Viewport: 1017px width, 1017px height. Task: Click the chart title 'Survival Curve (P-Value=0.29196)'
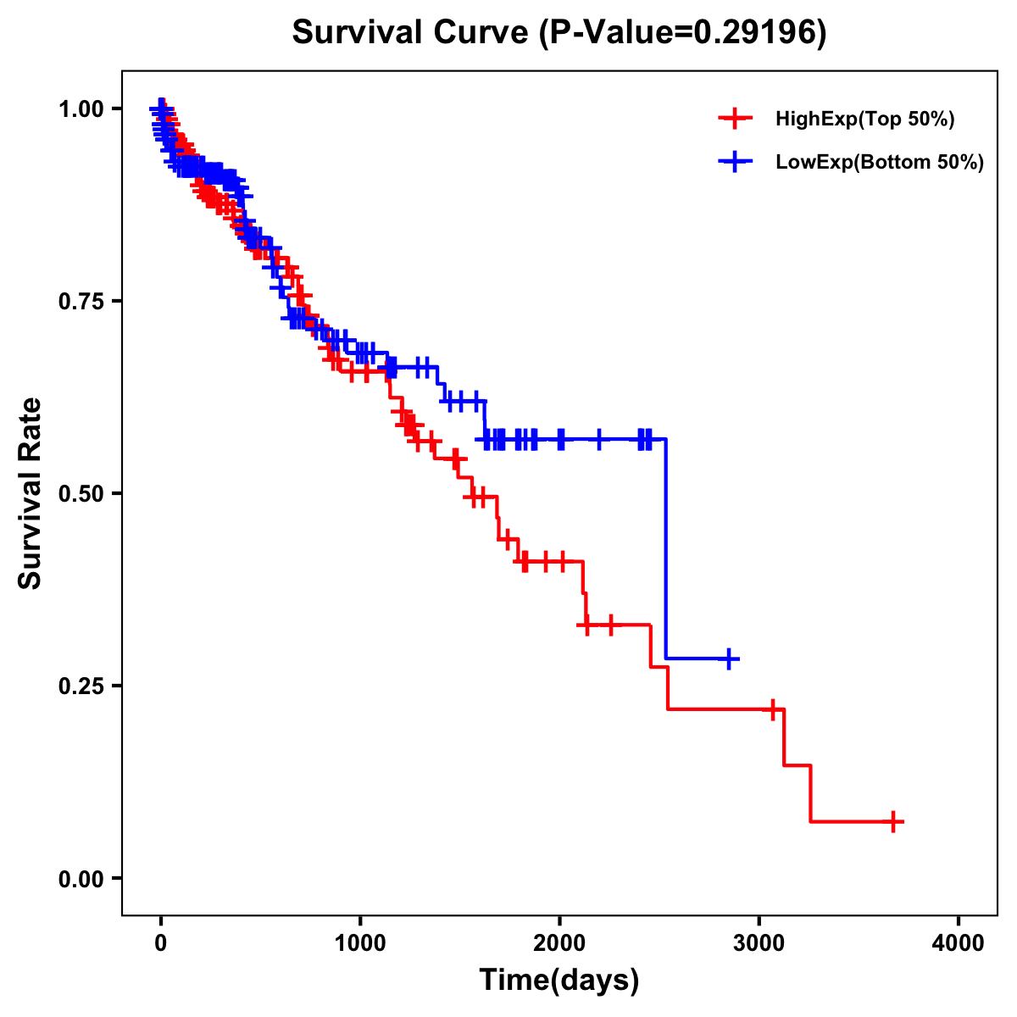pyautogui.click(x=559, y=32)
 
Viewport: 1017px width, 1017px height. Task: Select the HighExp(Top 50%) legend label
pyautogui.click(x=864, y=119)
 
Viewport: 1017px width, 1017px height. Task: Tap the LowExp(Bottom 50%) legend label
pyautogui.click(x=880, y=163)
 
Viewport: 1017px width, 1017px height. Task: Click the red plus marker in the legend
pyautogui.click(x=735, y=119)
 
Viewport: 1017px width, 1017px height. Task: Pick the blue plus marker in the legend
pyautogui.click(x=735, y=162)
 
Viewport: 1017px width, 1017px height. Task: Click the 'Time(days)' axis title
pyautogui.click(x=559, y=981)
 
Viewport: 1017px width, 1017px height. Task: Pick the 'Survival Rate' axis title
pyautogui.click(x=31, y=493)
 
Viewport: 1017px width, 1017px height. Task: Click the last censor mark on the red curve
pyautogui.click(x=893, y=821)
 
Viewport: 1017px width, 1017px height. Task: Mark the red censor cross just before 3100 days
pyautogui.click(x=772, y=709)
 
